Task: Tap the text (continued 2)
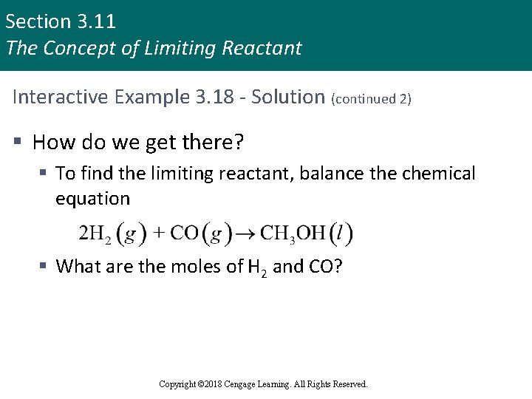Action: point(372,98)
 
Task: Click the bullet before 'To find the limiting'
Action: point(44,174)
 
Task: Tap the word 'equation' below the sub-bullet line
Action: point(92,199)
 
